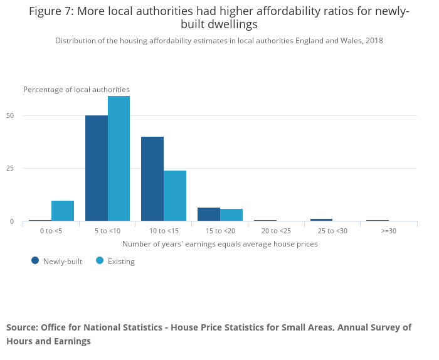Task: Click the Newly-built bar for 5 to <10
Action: pyautogui.click(x=96, y=168)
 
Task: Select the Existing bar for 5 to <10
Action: pyautogui.click(x=119, y=159)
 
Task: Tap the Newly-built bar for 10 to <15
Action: pyautogui.click(x=152, y=179)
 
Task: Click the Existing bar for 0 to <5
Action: pyautogui.click(x=63, y=211)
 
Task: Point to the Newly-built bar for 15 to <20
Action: pyautogui.click(x=209, y=214)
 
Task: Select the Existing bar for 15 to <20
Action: pyautogui.click(x=231, y=215)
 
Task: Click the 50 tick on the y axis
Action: pyautogui.click(x=10, y=115)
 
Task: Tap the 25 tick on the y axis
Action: pyautogui.click(x=10, y=168)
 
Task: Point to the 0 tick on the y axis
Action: pyautogui.click(x=12, y=221)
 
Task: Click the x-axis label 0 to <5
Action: pyautogui.click(x=51, y=231)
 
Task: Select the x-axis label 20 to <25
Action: pyautogui.click(x=277, y=231)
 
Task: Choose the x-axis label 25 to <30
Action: pyautogui.click(x=333, y=231)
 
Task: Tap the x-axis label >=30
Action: pyautogui.click(x=389, y=231)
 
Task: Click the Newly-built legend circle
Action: pyautogui.click(x=35, y=260)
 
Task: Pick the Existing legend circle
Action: pyautogui.click(x=100, y=260)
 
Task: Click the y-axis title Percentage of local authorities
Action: pyautogui.click(x=77, y=90)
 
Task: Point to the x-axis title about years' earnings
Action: pyautogui.click(x=219, y=243)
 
